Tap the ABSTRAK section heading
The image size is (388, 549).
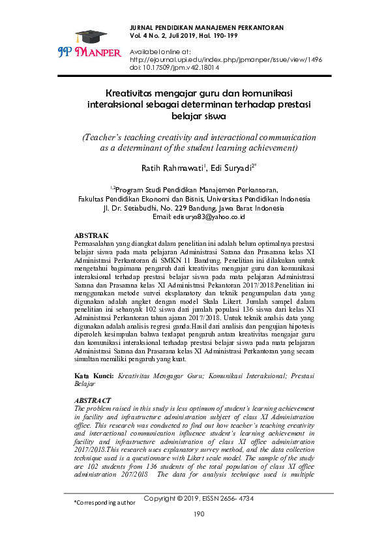91,235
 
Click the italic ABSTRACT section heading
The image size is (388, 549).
93,400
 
